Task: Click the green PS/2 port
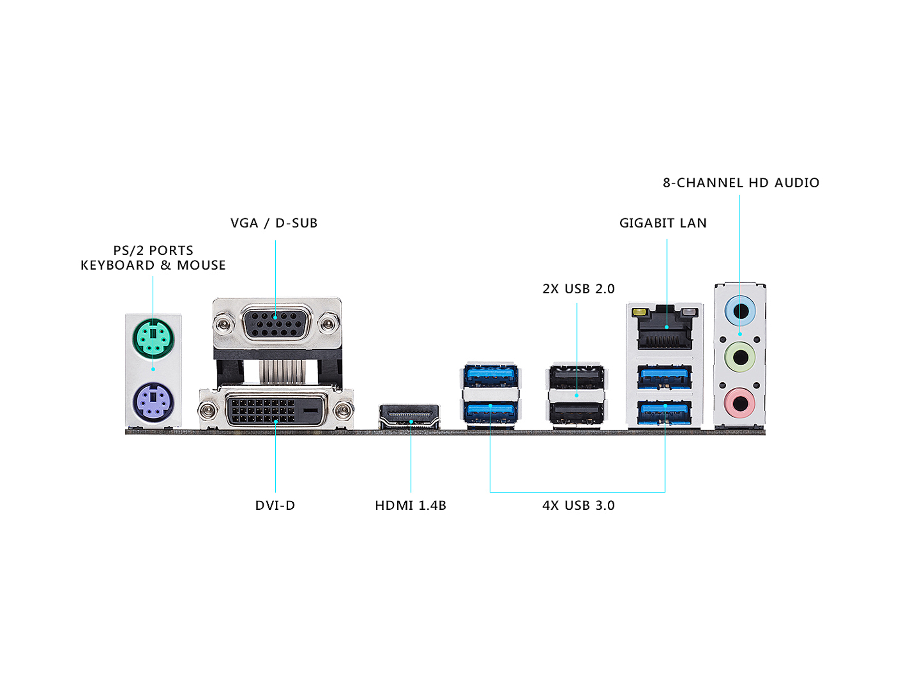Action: point(153,339)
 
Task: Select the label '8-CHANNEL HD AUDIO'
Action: point(741,183)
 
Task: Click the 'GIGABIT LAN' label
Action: point(663,223)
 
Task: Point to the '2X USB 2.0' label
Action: point(578,289)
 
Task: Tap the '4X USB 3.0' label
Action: point(578,506)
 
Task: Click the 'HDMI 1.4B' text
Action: point(410,506)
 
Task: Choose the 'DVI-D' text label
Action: point(275,506)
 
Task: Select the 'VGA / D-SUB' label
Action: point(274,223)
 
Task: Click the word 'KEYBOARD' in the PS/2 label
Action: point(117,265)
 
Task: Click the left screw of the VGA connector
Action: point(223,325)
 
